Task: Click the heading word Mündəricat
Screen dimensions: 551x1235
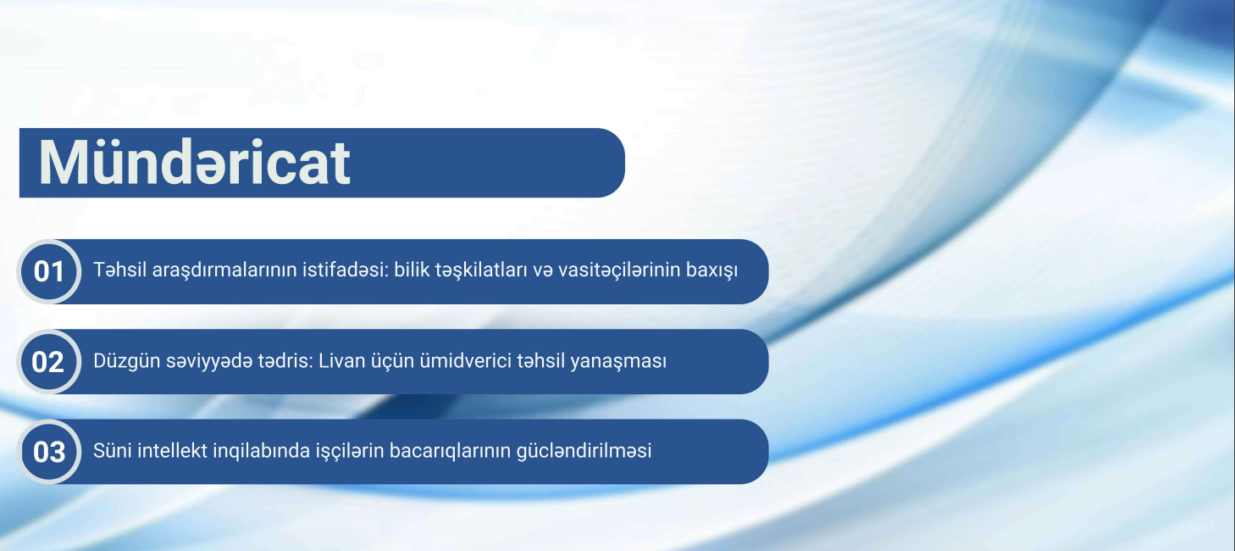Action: pyautogui.click(x=195, y=162)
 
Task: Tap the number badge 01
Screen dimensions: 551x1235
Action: pyautogui.click(x=49, y=272)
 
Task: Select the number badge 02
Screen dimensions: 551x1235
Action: pyautogui.click(x=49, y=362)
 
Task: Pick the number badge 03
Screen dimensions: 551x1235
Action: pyautogui.click(x=49, y=452)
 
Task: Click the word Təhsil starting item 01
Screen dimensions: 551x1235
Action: pyautogui.click(x=116, y=271)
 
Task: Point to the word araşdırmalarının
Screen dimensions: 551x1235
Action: pyautogui.click(x=206, y=271)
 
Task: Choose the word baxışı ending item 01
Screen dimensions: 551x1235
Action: pyautogui.click(x=711, y=271)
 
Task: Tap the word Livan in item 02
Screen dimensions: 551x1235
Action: pyautogui.click(x=352, y=361)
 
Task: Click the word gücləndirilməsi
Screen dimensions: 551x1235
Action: pyautogui.click(x=584, y=451)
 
